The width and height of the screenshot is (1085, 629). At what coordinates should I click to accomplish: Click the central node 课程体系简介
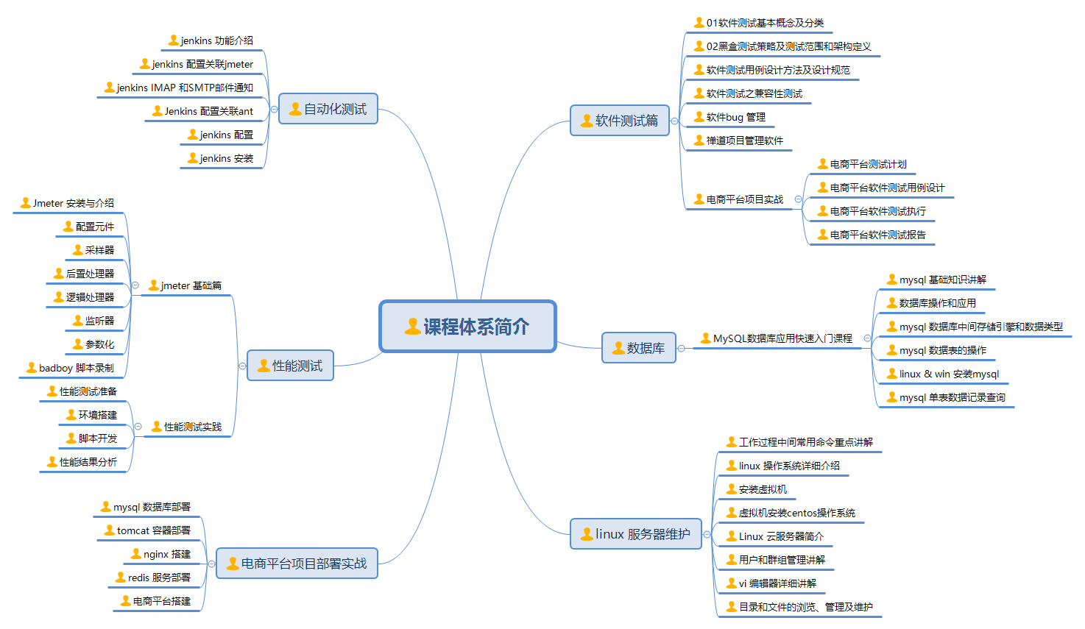click(467, 327)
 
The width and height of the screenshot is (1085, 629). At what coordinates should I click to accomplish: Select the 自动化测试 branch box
click(328, 109)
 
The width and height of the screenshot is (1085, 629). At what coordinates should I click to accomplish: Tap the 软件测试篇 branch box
click(620, 121)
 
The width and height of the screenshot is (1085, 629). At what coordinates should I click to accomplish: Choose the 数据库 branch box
click(639, 348)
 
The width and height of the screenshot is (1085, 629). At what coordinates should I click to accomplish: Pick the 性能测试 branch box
click(291, 366)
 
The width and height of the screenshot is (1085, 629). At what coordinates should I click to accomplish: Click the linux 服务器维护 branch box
click(636, 534)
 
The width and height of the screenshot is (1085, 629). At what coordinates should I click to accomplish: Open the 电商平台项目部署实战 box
click(297, 564)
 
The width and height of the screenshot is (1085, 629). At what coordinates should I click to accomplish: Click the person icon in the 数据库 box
click(618, 348)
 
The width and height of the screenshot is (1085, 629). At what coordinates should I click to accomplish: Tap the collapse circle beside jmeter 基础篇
click(135, 285)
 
